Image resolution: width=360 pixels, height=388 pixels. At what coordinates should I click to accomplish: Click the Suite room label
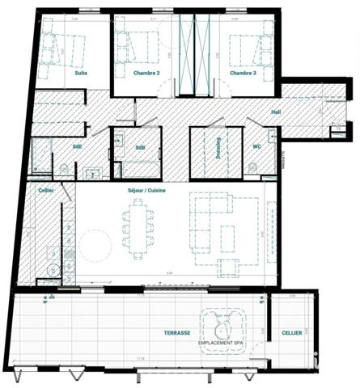click(x=81, y=73)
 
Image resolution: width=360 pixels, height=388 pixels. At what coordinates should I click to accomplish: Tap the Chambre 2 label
click(x=146, y=73)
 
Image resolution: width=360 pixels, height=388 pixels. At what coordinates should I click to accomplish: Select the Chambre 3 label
click(x=243, y=73)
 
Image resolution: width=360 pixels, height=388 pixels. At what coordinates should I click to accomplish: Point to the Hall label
click(x=276, y=112)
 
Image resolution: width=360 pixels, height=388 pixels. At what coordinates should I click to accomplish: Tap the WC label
click(x=257, y=146)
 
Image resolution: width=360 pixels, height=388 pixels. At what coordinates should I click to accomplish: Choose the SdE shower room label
click(x=77, y=146)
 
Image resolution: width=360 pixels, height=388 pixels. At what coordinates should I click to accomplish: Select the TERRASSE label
click(x=176, y=332)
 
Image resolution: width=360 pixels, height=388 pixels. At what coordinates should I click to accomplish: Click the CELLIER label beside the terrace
click(x=292, y=332)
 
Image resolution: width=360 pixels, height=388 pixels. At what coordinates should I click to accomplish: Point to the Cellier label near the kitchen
click(x=45, y=191)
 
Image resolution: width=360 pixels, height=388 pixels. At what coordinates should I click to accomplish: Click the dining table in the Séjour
click(x=138, y=226)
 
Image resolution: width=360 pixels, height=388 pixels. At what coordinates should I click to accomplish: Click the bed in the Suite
click(x=61, y=48)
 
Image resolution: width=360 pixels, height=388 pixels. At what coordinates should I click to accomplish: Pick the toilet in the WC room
click(x=252, y=167)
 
